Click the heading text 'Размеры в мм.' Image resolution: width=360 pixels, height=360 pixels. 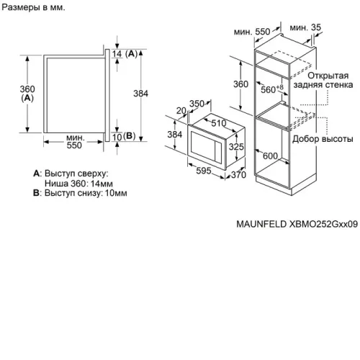click(x=33, y=7)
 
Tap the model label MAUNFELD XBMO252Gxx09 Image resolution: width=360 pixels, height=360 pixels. click(x=297, y=224)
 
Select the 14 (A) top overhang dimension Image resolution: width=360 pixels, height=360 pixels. click(x=125, y=54)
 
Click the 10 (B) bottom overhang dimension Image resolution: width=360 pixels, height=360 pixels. click(x=124, y=137)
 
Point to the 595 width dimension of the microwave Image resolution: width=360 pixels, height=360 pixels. click(x=204, y=171)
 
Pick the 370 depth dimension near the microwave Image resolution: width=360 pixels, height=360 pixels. click(x=238, y=175)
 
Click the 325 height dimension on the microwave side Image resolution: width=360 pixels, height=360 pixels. click(x=236, y=146)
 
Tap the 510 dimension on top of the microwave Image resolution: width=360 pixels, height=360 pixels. click(x=219, y=123)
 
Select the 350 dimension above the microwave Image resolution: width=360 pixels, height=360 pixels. click(x=197, y=104)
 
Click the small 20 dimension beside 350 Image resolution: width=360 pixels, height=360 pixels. click(x=181, y=111)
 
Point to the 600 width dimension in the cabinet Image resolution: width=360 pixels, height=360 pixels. click(x=270, y=156)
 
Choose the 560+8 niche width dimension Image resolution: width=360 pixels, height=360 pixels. click(x=272, y=89)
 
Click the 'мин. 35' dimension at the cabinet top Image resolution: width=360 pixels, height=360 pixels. click(x=305, y=27)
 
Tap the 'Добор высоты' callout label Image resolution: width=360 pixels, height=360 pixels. click(x=323, y=139)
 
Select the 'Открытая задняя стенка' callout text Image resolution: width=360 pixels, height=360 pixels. click(x=323, y=80)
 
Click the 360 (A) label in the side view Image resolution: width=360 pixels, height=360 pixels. click(x=27, y=94)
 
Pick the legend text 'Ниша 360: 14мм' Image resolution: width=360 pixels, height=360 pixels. click(x=78, y=184)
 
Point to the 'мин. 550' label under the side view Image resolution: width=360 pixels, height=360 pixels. click(x=74, y=141)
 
